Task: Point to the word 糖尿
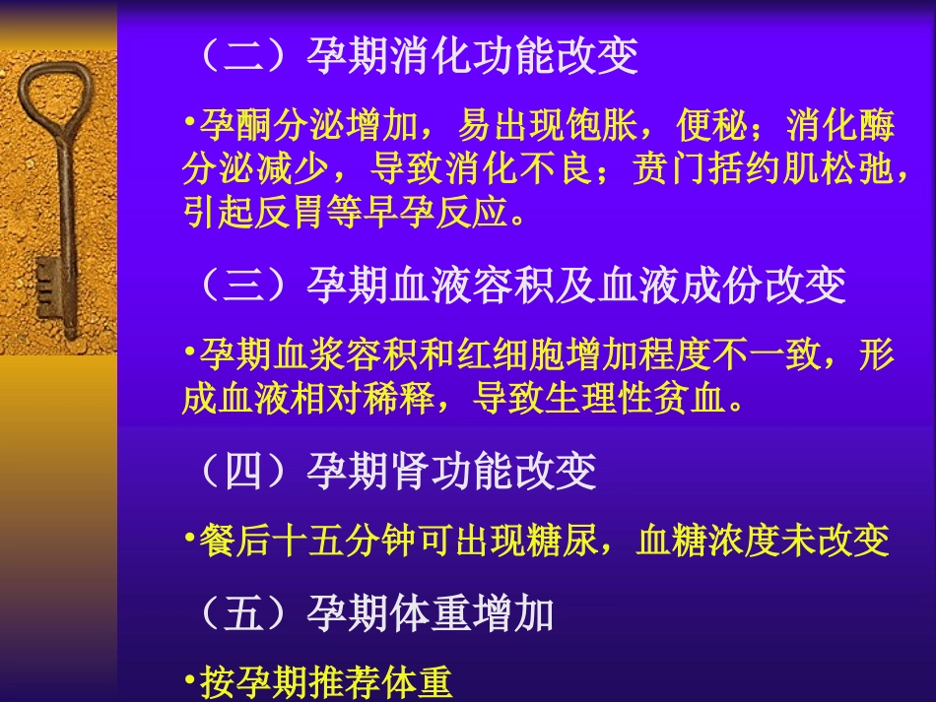click(563, 541)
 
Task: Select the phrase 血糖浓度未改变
click(764, 541)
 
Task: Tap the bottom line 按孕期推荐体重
click(325, 682)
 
